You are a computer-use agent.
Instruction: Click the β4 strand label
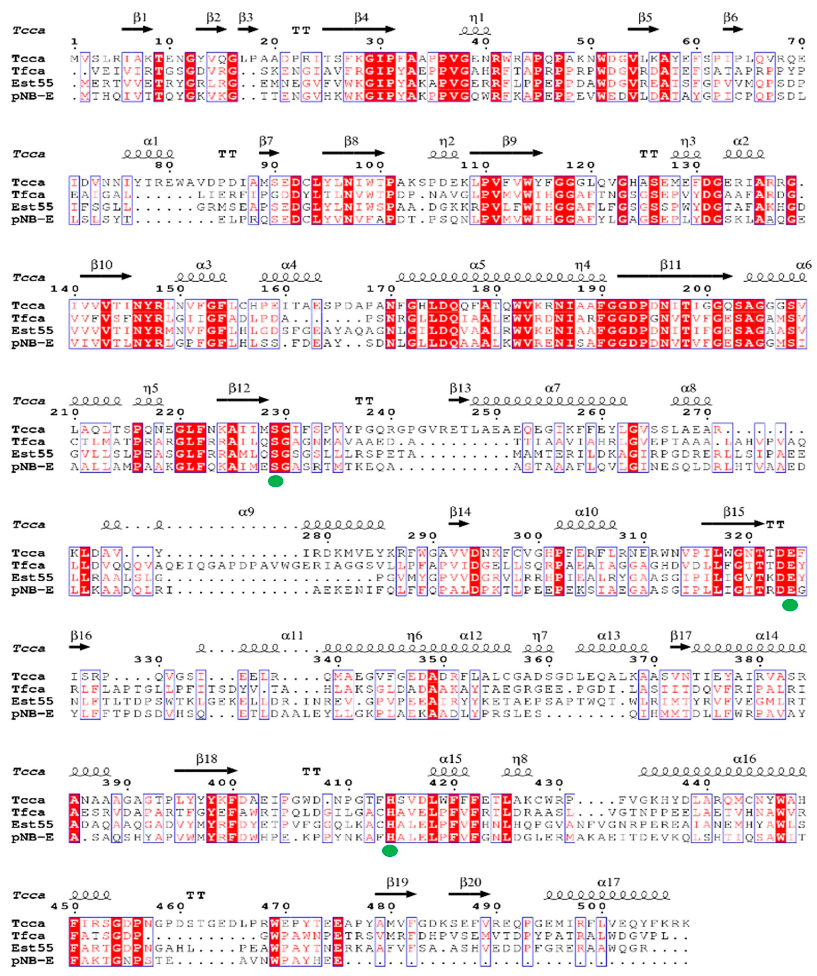pyautogui.click(x=361, y=18)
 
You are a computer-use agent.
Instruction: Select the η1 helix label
pyautogui.click(x=476, y=18)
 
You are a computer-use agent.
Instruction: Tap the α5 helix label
pyautogui.click(x=477, y=265)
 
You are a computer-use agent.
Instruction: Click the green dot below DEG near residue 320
pyautogui.click(x=790, y=605)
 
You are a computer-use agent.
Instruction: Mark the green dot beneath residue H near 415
pyautogui.click(x=390, y=851)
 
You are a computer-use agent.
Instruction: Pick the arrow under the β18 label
pyautogui.click(x=206, y=771)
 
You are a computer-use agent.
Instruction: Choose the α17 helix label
pyautogui.click(x=608, y=882)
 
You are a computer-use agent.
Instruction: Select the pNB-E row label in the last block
pyautogui.click(x=33, y=961)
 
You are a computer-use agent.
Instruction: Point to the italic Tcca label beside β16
pyautogui.click(x=29, y=648)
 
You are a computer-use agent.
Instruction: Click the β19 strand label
pyautogui.click(x=397, y=882)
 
